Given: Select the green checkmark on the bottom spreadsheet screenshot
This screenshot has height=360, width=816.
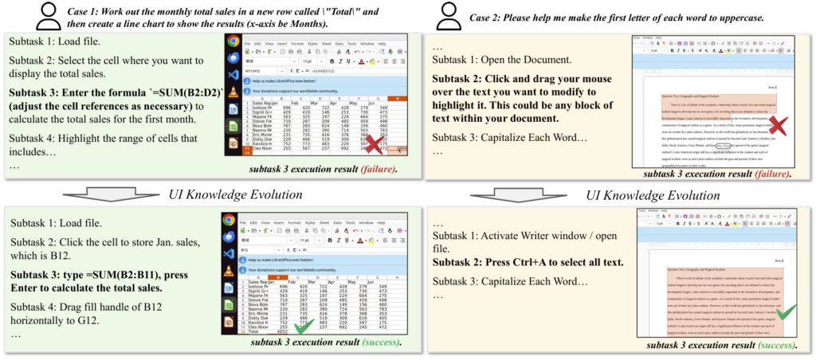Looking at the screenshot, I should pyautogui.click(x=304, y=327).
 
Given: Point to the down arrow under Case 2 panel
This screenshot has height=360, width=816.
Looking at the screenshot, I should pyautogui.click(x=512, y=194).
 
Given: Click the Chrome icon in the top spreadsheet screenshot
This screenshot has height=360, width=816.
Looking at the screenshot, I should pyautogui.click(x=233, y=41).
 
